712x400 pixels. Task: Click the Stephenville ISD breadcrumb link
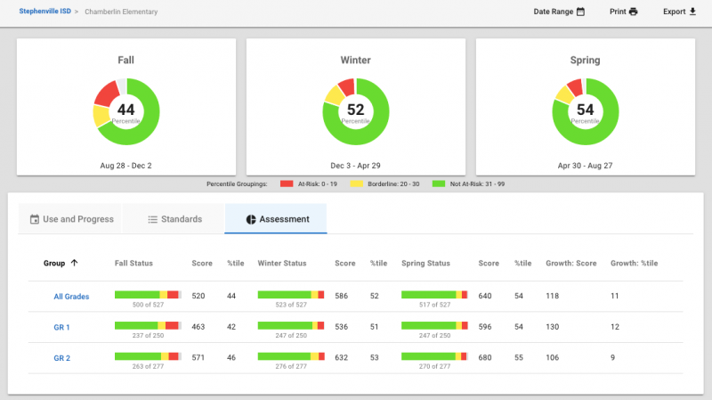tap(45, 12)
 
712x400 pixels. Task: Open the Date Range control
tap(559, 12)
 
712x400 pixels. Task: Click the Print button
tap(624, 12)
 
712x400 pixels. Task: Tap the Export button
tap(679, 12)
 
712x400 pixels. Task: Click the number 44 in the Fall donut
tap(125, 110)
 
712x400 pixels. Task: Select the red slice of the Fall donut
tap(106, 94)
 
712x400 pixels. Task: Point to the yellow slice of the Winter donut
tap(335, 95)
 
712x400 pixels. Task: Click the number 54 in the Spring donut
tap(585, 110)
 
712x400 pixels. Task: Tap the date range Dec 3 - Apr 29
tap(355, 166)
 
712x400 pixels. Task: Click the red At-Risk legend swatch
tap(287, 184)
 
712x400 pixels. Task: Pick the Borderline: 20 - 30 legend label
tap(393, 184)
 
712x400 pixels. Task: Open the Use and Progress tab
tap(71, 219)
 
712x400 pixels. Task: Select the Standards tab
tap(174, 219)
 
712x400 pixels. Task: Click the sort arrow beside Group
tap(74, 263)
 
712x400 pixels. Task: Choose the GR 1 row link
tap(61, 327)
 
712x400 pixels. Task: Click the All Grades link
tap(71, 297)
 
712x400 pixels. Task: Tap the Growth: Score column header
tap(571, 263)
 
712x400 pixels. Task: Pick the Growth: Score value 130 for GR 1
tap(552, 327)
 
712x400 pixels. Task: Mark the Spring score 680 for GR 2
tap(485, 358)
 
